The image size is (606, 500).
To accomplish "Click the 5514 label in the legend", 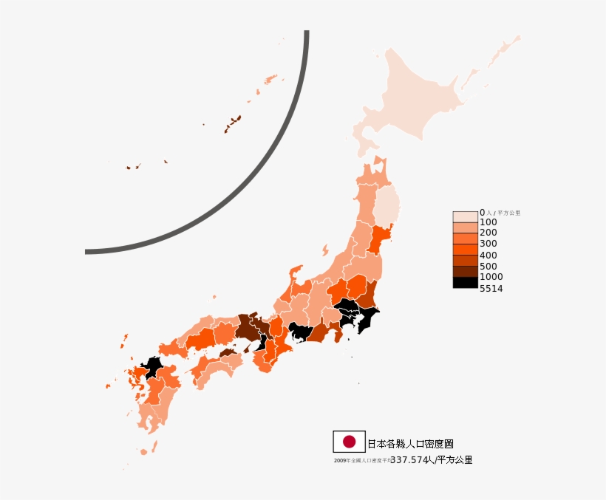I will point(491,289).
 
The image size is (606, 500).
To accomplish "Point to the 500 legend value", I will point(488,266).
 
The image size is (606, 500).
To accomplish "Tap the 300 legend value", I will point(488,244).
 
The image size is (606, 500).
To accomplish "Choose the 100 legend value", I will point(488,222).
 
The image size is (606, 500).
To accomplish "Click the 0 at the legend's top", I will point(482,213).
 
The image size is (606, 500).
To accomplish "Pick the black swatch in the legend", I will point(465,282).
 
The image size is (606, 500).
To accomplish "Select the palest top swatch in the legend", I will point(465,216).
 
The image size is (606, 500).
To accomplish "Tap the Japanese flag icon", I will point(349,442).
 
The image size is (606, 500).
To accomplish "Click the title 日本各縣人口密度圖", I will point(410,444).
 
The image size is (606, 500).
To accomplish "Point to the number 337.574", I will point(409,460).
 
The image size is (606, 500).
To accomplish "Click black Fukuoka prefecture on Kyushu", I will point(153,366).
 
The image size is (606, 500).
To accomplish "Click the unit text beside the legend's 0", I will point(503,213).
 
